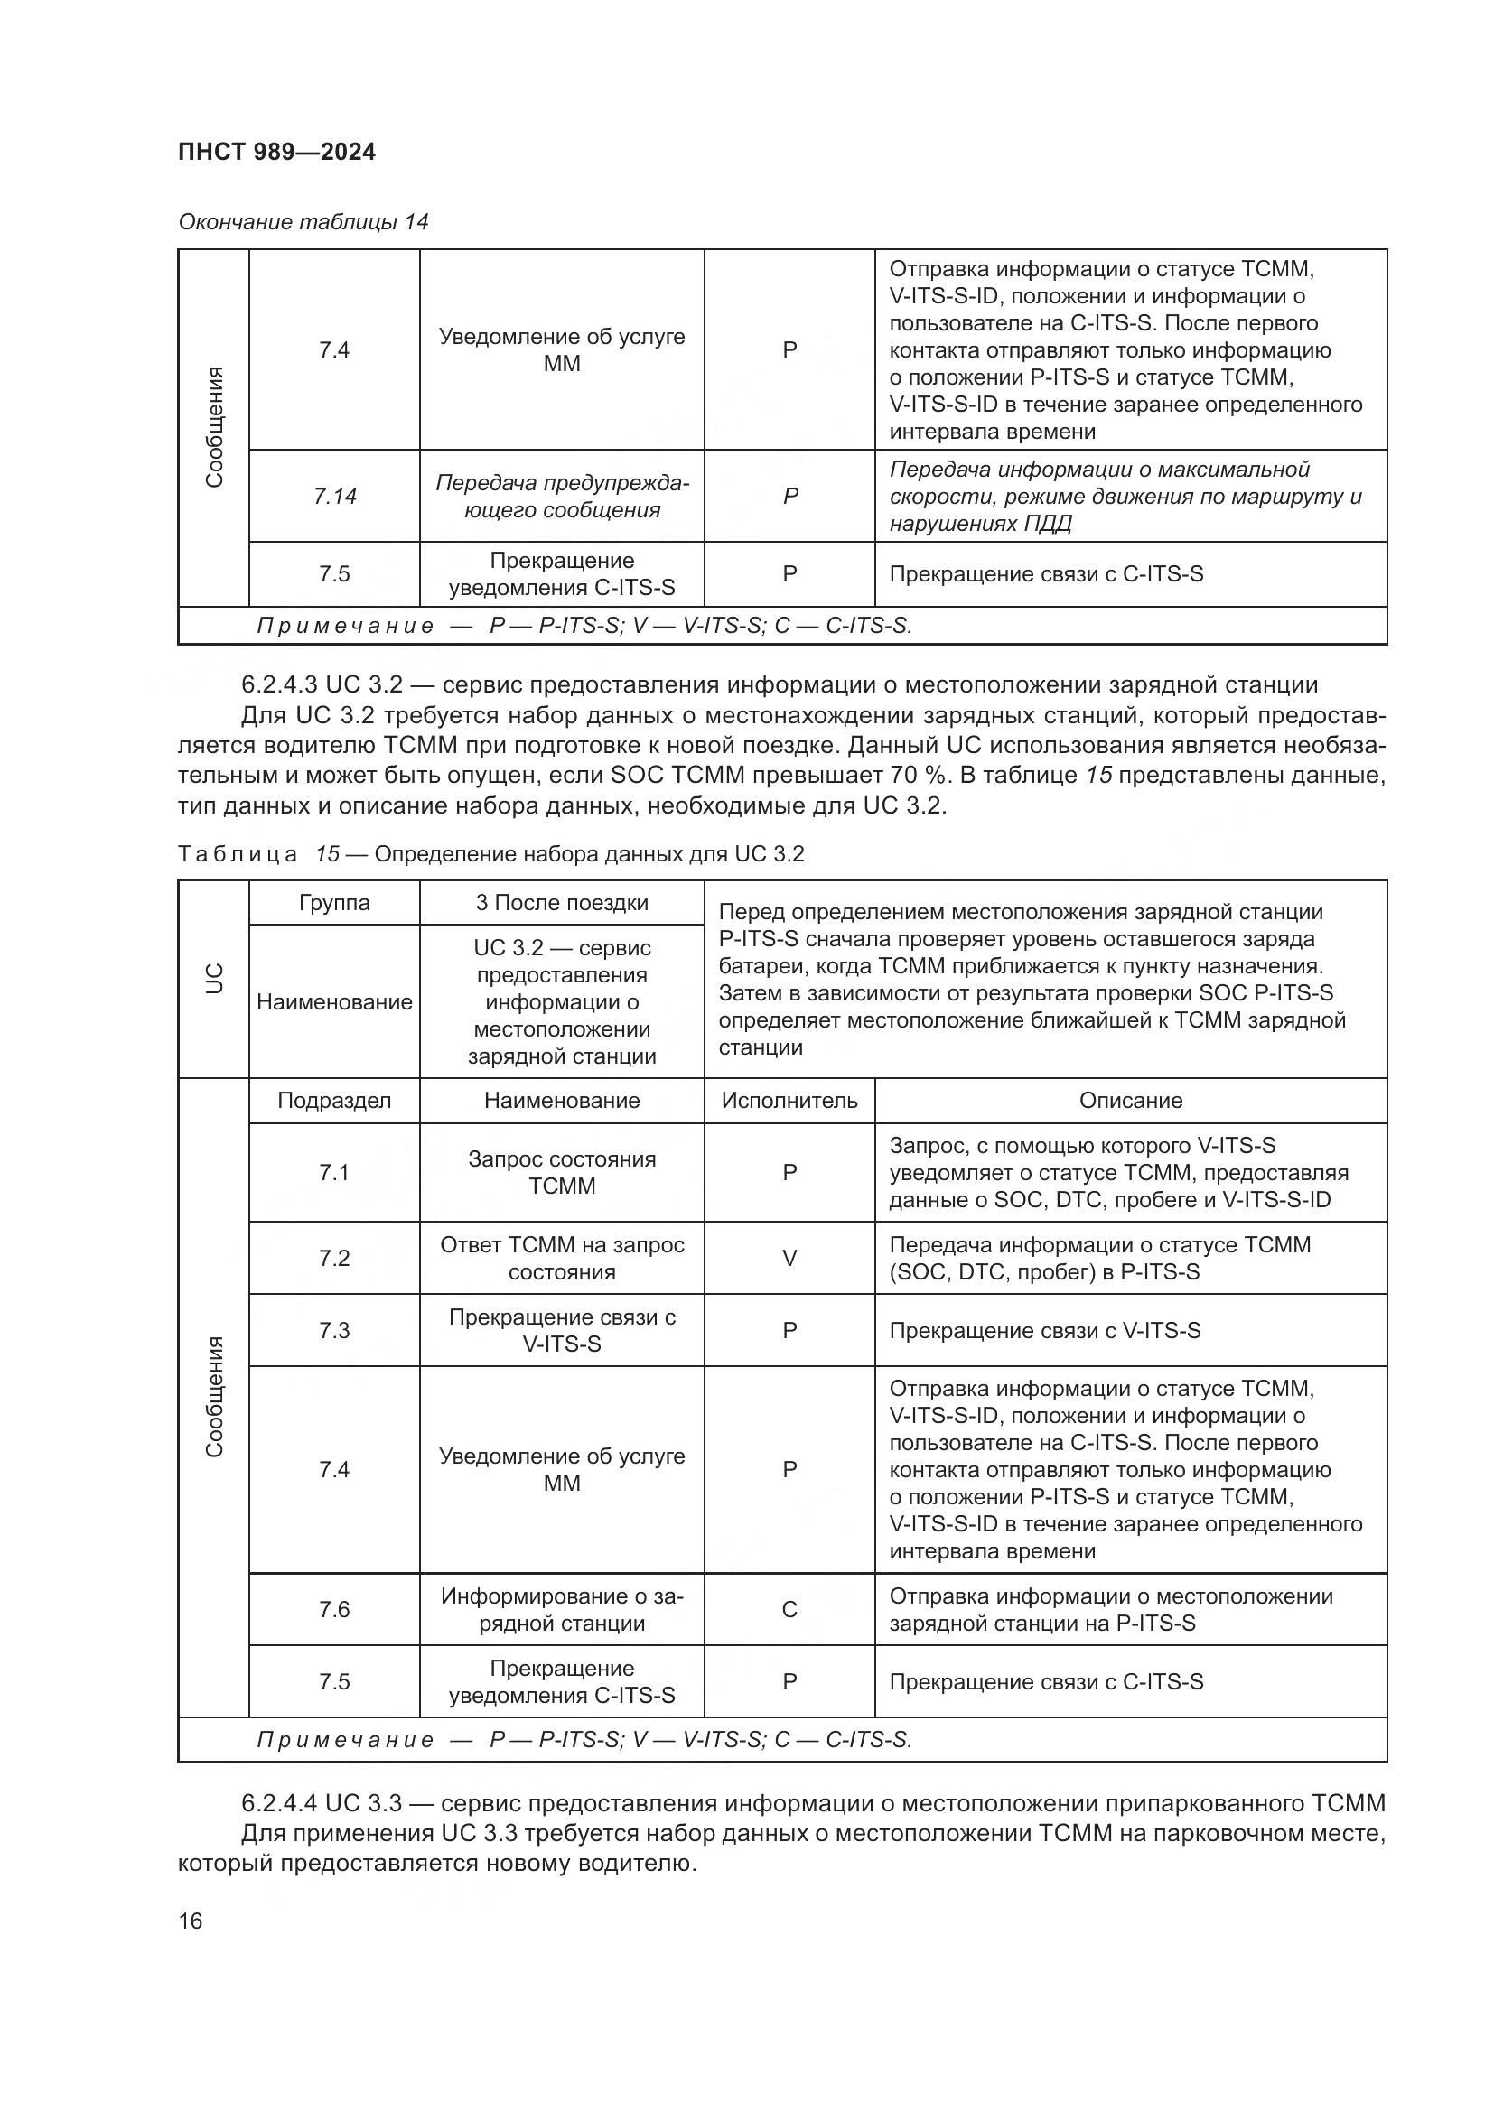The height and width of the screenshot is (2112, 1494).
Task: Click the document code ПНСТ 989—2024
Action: point(277,152)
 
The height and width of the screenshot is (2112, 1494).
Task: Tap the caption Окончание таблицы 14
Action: point(303,222)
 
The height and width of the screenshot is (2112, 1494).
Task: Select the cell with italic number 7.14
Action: point(334,496)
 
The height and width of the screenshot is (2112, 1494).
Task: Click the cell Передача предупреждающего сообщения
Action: point(561,496)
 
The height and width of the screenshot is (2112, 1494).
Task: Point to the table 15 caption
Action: point(490,853)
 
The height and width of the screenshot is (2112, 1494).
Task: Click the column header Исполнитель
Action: point(789,1100)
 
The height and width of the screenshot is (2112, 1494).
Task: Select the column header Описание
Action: point(1130,1100)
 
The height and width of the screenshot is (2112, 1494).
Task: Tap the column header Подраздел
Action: point(334,1100)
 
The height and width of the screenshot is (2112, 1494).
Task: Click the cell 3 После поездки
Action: point(561,902)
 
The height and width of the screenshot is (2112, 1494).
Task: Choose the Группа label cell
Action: point(334,902)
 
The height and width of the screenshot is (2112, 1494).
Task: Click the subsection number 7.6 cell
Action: point(334,1609)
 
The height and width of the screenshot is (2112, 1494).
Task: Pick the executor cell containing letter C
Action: point(789,1609)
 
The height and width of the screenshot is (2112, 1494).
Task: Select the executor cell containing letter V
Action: point(789,1258)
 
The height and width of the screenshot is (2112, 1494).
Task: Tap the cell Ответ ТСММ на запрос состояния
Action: point(561,1258)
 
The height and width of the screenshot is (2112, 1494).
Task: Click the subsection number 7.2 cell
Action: point(334,1258)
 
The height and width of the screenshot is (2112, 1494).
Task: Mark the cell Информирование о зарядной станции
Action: point(561,1609)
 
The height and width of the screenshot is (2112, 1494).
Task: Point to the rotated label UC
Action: point(213,978)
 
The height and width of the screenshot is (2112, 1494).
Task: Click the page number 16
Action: point(191,1921)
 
